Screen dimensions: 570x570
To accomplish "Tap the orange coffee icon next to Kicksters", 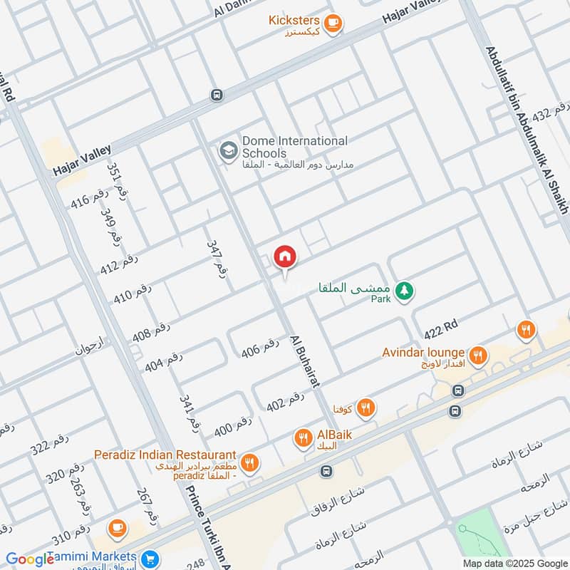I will click(x=332, y=24).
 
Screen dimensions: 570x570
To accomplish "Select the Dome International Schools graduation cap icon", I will click(x=228, y=151).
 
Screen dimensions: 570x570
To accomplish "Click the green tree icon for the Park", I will click(x=405, y=291).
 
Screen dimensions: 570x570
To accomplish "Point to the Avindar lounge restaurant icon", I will click(x=478, y=354).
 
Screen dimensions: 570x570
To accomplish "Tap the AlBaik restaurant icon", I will click(x=304, y=438).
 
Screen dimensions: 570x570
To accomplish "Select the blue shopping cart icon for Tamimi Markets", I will click(x=150, y=558).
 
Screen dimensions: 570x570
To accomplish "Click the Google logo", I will click(x=30, y=559).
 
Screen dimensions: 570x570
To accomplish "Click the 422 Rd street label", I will click(x=440, y=328).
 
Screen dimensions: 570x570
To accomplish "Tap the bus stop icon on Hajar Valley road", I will click(x=217, y=95).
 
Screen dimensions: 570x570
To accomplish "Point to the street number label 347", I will click(x=217, y=257).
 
